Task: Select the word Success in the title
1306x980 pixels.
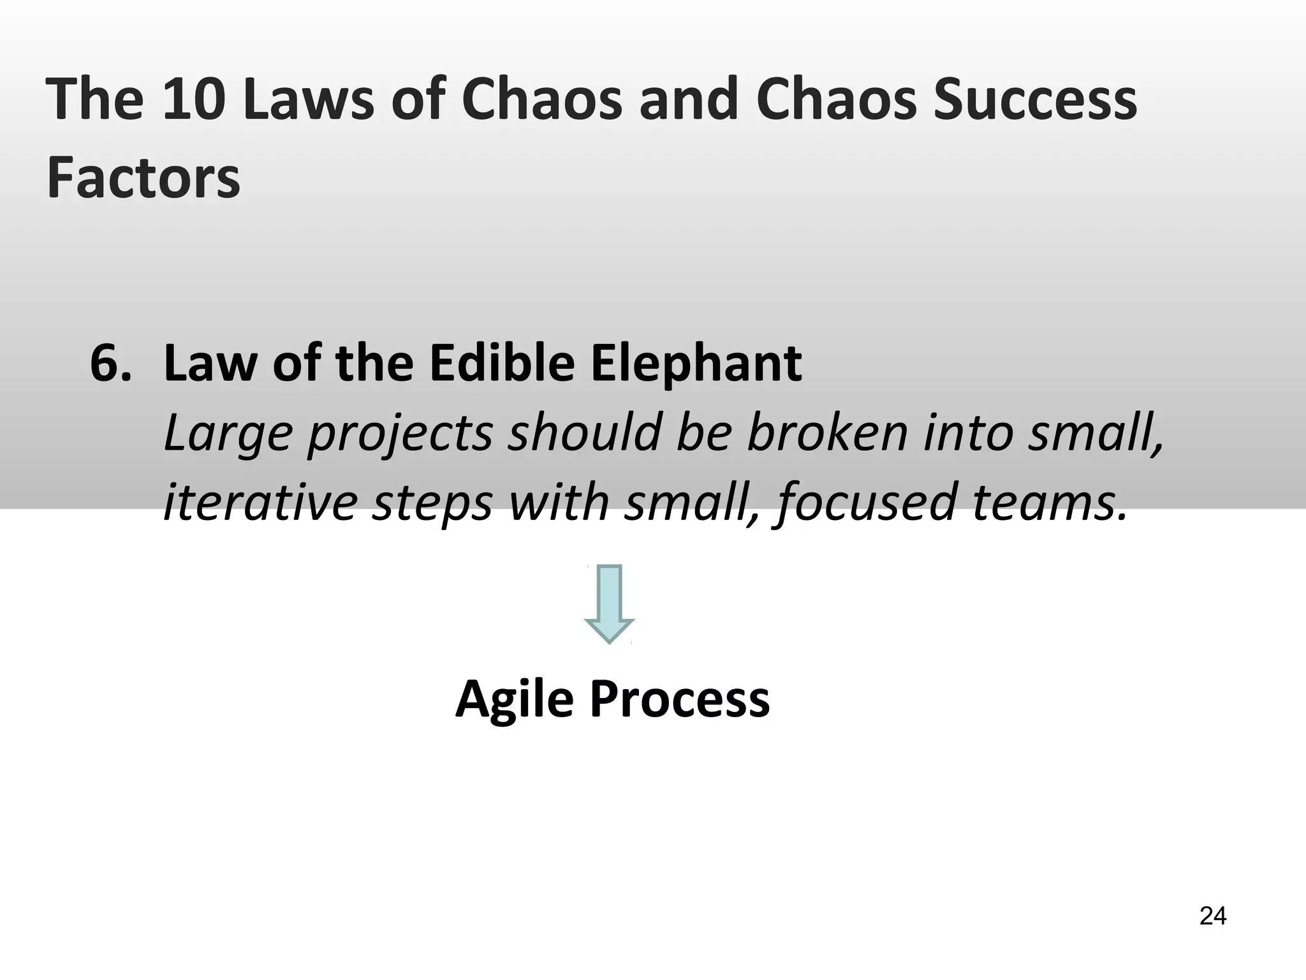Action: coord(1035,99)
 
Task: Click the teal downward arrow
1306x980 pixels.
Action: coord(610,604)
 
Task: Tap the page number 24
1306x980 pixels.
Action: coord(1213,916)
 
